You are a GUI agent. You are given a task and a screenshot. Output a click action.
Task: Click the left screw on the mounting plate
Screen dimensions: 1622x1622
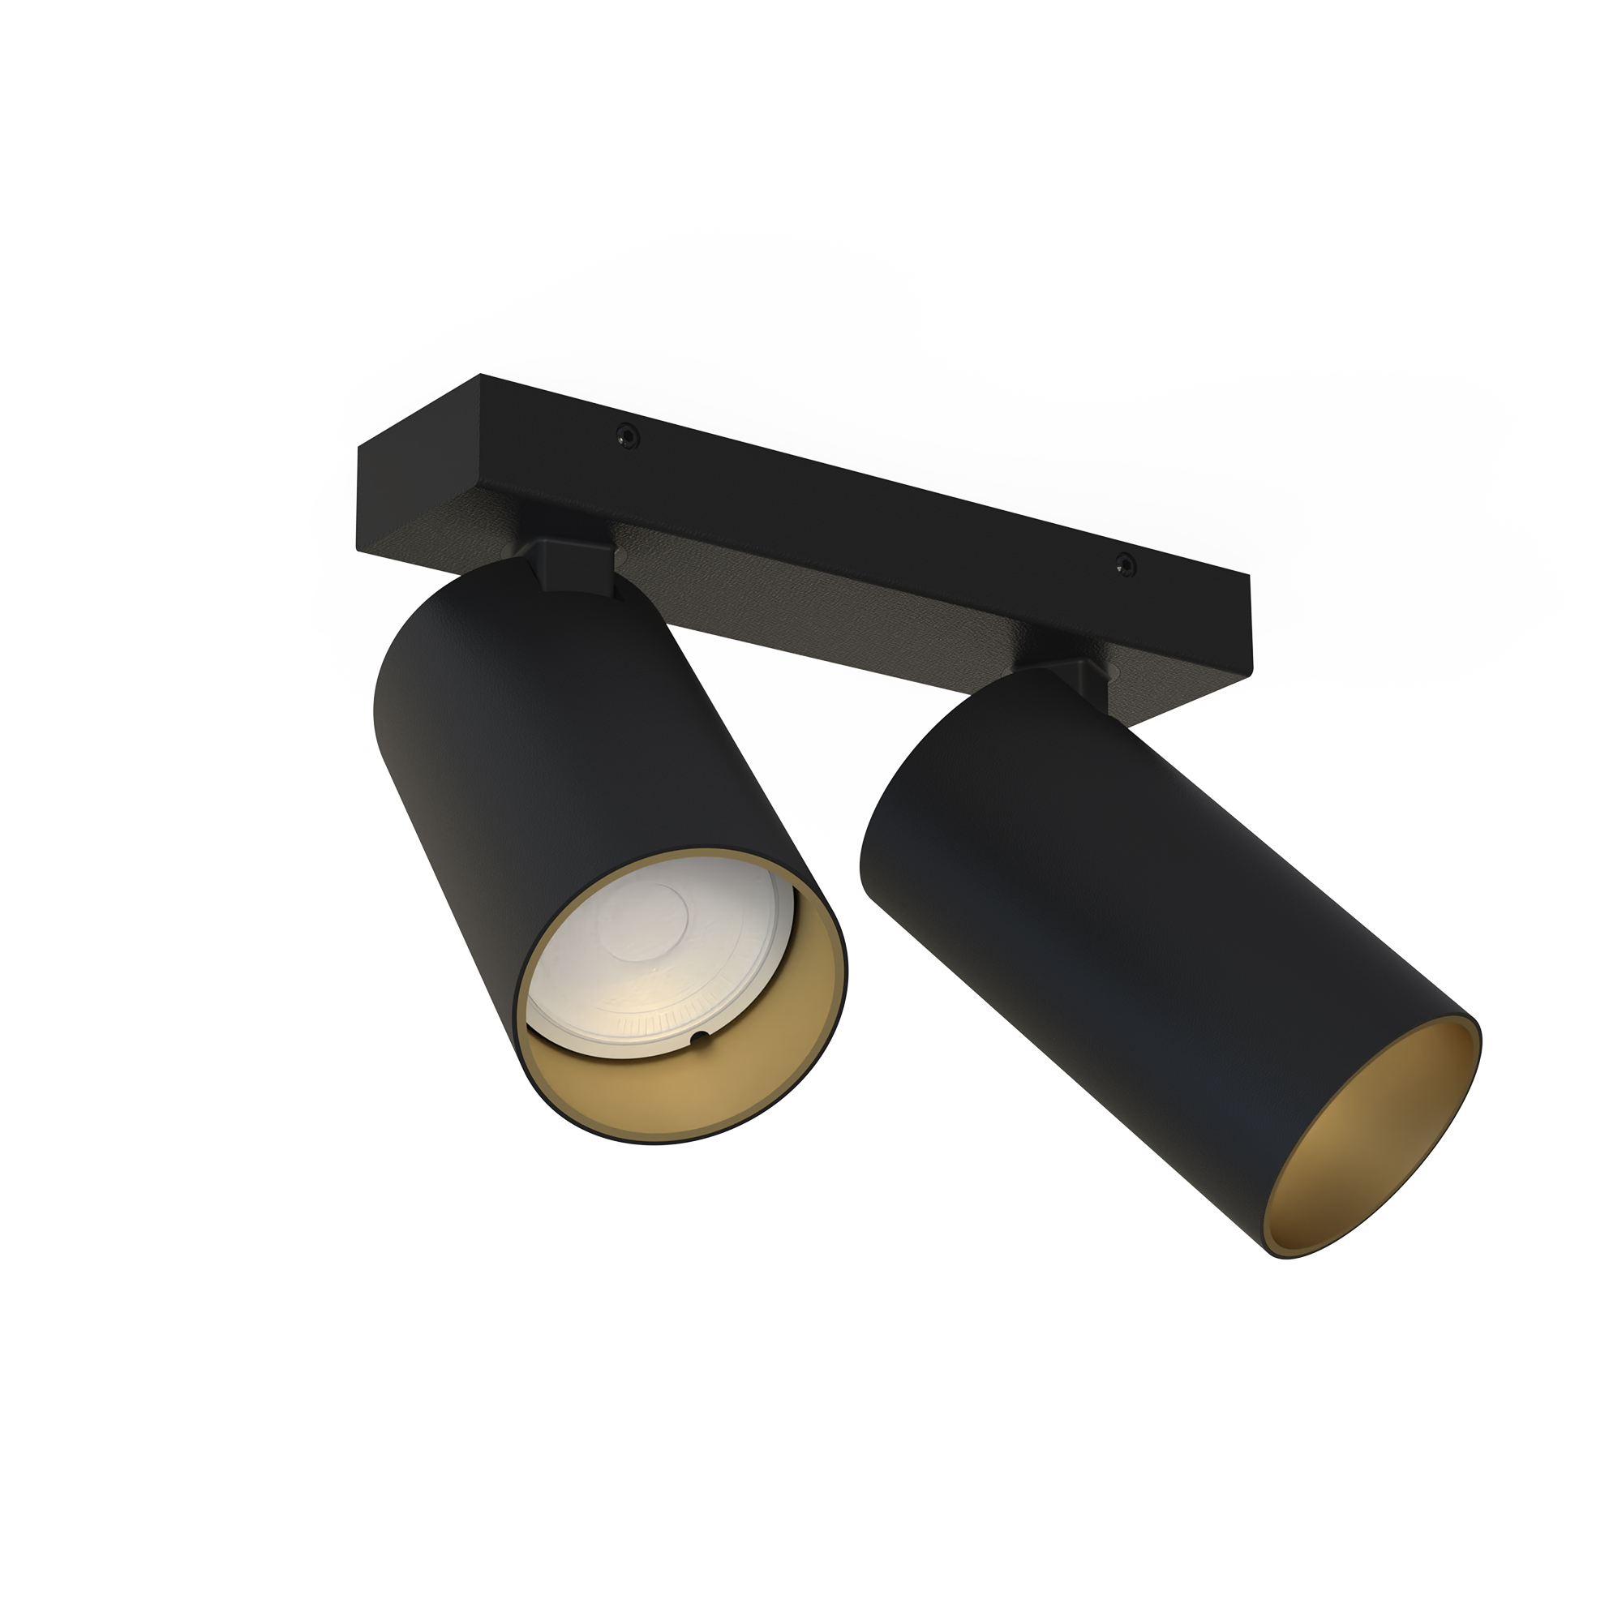624,434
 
